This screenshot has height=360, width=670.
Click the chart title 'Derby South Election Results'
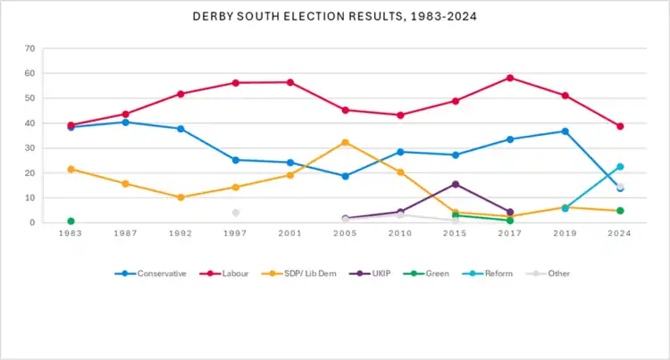[x=335, y=17]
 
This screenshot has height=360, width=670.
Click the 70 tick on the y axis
[x=30, y=48]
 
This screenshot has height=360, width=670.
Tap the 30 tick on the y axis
[x=30, y=148]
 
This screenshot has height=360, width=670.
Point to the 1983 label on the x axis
[x=71, y=234]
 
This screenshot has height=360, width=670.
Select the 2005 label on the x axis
[x=345, y=234]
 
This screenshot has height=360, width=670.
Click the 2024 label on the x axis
[x=619, y=234]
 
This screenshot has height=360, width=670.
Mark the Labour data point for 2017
[x=510, y=78]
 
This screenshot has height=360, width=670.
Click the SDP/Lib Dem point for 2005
[x=345, y=142]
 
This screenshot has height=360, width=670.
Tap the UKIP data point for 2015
[x=456, y=184]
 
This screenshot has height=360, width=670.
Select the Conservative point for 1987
[x=126, y=121]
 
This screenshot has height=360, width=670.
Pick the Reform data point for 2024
[x=619, y=167]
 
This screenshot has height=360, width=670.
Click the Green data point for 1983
[x=71, y=221]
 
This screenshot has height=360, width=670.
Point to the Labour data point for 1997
[x=236, y=82]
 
